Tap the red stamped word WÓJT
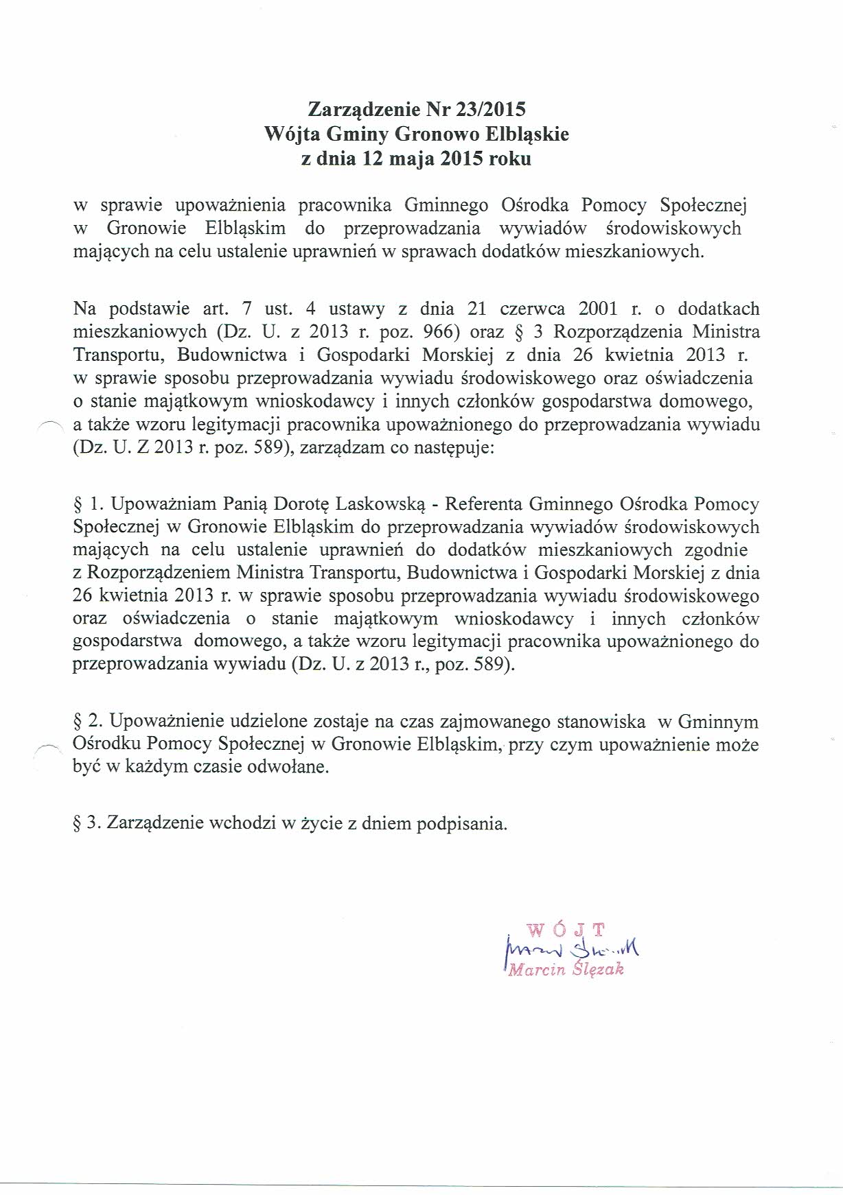566,931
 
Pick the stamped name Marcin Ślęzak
565,970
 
